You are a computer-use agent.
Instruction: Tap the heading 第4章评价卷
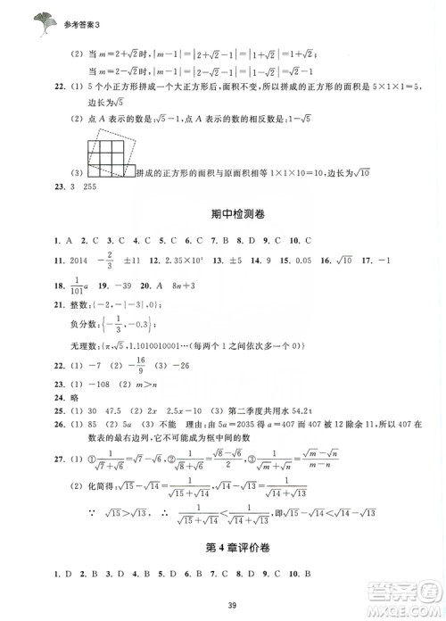point(222,547)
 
